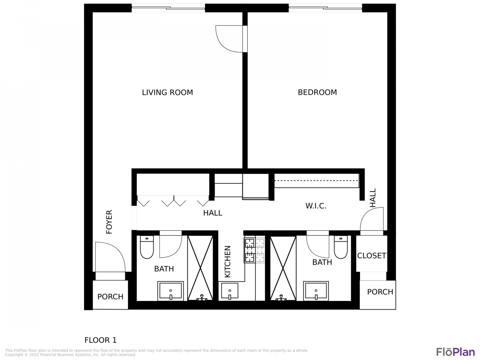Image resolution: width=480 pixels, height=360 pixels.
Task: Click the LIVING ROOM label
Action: tap(167, 92)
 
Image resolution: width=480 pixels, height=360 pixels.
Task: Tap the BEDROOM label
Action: tap(317, 92)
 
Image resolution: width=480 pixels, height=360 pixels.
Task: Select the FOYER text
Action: tap(109, 222)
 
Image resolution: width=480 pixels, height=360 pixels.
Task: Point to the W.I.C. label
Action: tap(316, 206)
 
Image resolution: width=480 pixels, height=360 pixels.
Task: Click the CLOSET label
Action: tap(372, 256)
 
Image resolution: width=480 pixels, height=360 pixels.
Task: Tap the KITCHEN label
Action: tap(228, 261)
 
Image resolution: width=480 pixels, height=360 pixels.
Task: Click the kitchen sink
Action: tap(230, 291)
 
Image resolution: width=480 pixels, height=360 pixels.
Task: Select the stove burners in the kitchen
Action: tap(254, 250)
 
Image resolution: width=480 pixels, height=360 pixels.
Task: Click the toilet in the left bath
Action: tap(147, 247)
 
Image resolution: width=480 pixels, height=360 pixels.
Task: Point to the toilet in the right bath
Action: tap(341, 247)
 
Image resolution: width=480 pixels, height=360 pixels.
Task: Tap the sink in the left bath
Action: tap(171, 291)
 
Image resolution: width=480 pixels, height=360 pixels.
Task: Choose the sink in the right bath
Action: tap(316, 291)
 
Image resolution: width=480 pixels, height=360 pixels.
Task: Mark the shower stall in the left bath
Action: tap(200, 268)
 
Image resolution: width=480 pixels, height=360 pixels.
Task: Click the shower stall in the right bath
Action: tap(283, 268)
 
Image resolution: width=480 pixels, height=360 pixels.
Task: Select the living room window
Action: tap(168, 8)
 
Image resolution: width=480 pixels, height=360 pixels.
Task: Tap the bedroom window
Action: tap(325, 8)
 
